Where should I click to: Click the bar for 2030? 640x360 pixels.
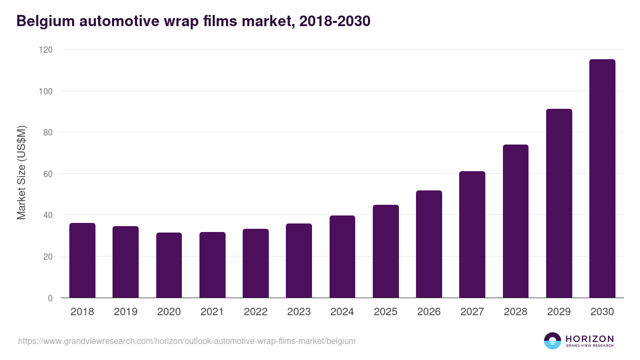(x=602, y=179)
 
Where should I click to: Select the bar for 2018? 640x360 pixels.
(x=82, y=260)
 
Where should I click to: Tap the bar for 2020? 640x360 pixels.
(x=169, y=265)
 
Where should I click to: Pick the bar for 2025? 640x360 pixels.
(x=386, y=251)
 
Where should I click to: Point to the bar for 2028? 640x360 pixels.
(x=515, y=221)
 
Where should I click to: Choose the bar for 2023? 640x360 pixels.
(x=299, y=260)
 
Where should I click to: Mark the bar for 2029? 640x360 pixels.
(x=559, y=203)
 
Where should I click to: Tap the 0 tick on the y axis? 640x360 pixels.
(x=50, y=298)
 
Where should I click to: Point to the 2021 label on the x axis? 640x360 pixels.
(x=212, y=312)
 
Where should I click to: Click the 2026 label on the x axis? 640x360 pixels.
(x=429, y=312)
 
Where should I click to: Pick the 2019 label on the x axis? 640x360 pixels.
(x=125, y=312)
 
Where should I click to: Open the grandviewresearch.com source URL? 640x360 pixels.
(x=187, y=341)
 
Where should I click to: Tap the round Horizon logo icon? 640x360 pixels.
(x=553, y=341)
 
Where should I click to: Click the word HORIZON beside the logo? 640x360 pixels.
(x=589, y=338)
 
